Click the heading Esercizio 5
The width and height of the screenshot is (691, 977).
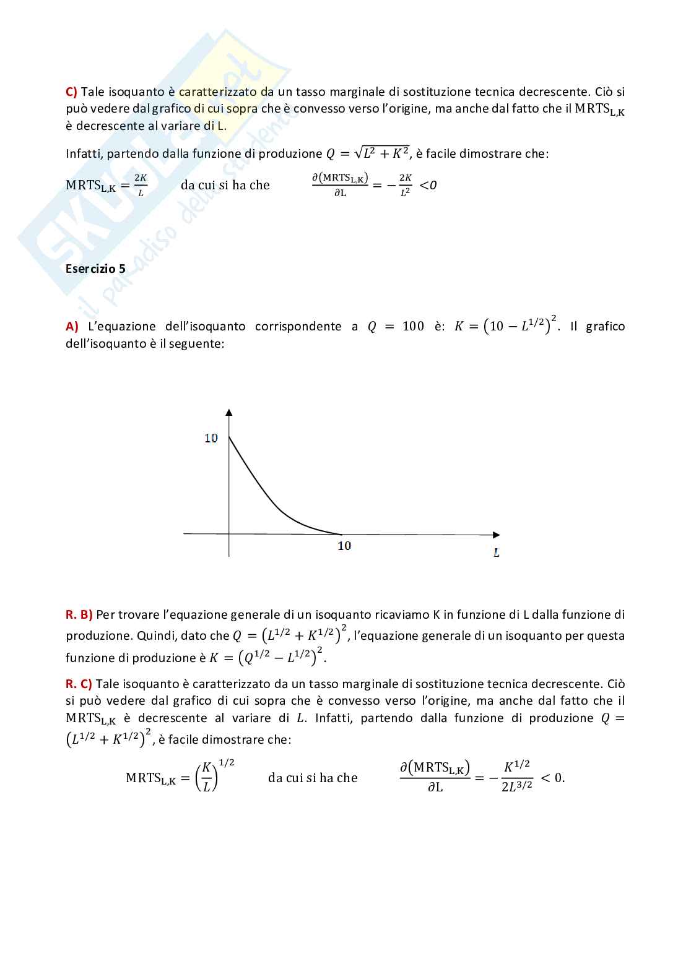95,269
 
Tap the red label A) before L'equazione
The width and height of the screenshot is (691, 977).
72,326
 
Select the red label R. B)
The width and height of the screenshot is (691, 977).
79,614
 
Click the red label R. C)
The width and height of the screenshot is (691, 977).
79,684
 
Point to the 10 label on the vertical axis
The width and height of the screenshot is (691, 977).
211,438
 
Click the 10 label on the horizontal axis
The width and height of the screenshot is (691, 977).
344,545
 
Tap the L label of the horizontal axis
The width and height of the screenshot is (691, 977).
496,553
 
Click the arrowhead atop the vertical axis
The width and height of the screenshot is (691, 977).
229,412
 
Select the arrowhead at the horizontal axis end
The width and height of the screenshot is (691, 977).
496,535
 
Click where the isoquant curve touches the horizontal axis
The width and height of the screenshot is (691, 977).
341,534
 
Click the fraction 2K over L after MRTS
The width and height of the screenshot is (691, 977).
141,185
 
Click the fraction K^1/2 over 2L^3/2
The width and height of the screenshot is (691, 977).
516,777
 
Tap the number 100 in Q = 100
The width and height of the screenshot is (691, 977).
413,326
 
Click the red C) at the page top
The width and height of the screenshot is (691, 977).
71,92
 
